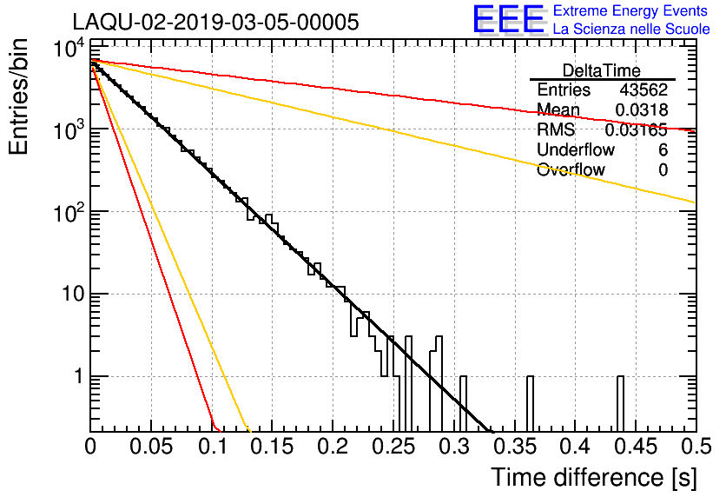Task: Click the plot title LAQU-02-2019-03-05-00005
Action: [215, 22]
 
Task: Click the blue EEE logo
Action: [508, 19]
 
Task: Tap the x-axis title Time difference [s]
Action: [594, 477]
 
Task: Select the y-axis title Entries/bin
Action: [18, 96]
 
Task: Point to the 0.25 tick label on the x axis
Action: [393, 447]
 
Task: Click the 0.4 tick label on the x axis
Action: [577, 447]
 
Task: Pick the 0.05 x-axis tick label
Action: [151, 447]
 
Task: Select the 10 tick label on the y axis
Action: [73, 293]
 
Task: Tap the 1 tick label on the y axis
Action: [78, 375]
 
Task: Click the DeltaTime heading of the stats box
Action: [602, 70]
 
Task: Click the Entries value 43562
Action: [643, 89]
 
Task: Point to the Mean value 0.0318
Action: [641, 109]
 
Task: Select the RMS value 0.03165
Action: [637, 129]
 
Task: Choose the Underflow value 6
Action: [663, 149]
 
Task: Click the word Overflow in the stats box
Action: [571, 169]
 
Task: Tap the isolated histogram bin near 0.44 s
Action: [620, 403]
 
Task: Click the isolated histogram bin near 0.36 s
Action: [530, 403]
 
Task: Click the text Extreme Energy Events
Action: [630, 10]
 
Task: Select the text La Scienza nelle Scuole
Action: [631, 29]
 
